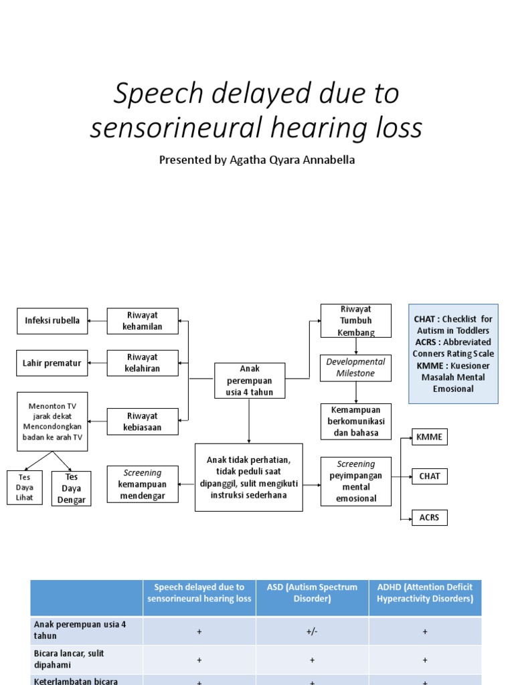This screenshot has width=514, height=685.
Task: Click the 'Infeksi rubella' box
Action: pyautogui.click(x=52, y=320)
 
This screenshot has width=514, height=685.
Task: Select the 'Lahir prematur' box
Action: pyautogui.click(x=52, y=363)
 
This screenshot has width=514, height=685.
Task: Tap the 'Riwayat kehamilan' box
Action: pyautogui.click(x=143, y=320)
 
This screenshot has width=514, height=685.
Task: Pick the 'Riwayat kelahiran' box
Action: pyautogui.click(x=143, y=363)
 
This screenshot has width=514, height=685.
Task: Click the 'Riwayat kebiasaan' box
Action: pyautogui.click(x=143, y=421)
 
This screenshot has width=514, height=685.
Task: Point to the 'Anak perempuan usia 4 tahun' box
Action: pyautogui.click(x=249, y=381)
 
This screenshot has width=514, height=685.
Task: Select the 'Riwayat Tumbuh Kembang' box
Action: pyautogui.click(x=355, y=320)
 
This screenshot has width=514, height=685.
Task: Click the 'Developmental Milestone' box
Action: pyautogui.click(x=355, y=367)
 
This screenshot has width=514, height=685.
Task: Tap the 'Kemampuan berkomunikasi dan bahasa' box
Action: pyautogui.click(x=355, y=421)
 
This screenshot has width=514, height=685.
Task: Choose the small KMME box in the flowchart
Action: pyautogui.click(x=429, y=437)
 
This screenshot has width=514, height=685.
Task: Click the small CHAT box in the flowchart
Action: pyautogui.click(x=429, y=476)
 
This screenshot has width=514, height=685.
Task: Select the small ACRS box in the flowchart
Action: pyautogui.click(x=429, y=517)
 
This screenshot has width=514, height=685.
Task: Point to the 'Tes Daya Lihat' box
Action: pyautogui.click(x=24, y=488)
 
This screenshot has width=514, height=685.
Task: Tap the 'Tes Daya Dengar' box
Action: pyautogui.click(x=71, y=488)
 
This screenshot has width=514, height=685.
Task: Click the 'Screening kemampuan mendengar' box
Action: pyautogui.click(x=143, y=484)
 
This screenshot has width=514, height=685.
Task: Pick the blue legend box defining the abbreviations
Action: pyautogui.click(x=453, y=354)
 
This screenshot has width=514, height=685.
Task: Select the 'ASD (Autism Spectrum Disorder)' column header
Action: pyautogui.click(x=312, y=593)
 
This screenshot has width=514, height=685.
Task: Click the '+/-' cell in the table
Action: pyautogui.click(x=312, y=631)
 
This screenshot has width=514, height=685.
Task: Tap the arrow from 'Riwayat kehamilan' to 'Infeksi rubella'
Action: pyautogui.click(x=98, y=321)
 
